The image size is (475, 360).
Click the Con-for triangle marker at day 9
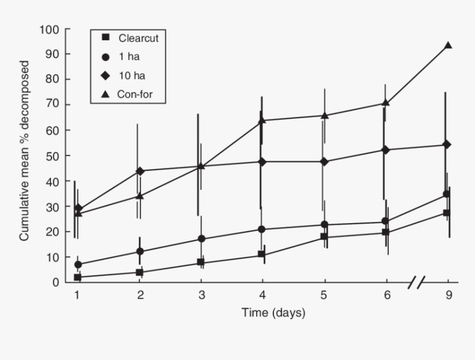click(x=448, y=46)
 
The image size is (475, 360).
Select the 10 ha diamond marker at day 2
click(x=140, y=171)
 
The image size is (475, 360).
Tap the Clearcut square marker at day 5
click(x=324, y=237)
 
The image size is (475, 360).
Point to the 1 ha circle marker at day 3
click(x=202, y=239)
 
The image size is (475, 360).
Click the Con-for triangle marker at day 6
click(x=386, y=103)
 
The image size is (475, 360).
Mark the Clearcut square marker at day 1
click(x=78, y=277)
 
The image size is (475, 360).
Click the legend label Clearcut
click(x=135, y=38)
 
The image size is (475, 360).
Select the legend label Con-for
click(x=134, y=94)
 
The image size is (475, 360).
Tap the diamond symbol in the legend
click(x=105, y=76)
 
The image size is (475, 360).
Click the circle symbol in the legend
click(x=105, y=57)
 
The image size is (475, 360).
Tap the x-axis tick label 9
click(x=448, y=295)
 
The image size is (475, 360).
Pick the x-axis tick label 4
click(x=263, y=295)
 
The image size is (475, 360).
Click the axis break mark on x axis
click(x=417, y=283)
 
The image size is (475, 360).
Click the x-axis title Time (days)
click(x=273, y=313)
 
